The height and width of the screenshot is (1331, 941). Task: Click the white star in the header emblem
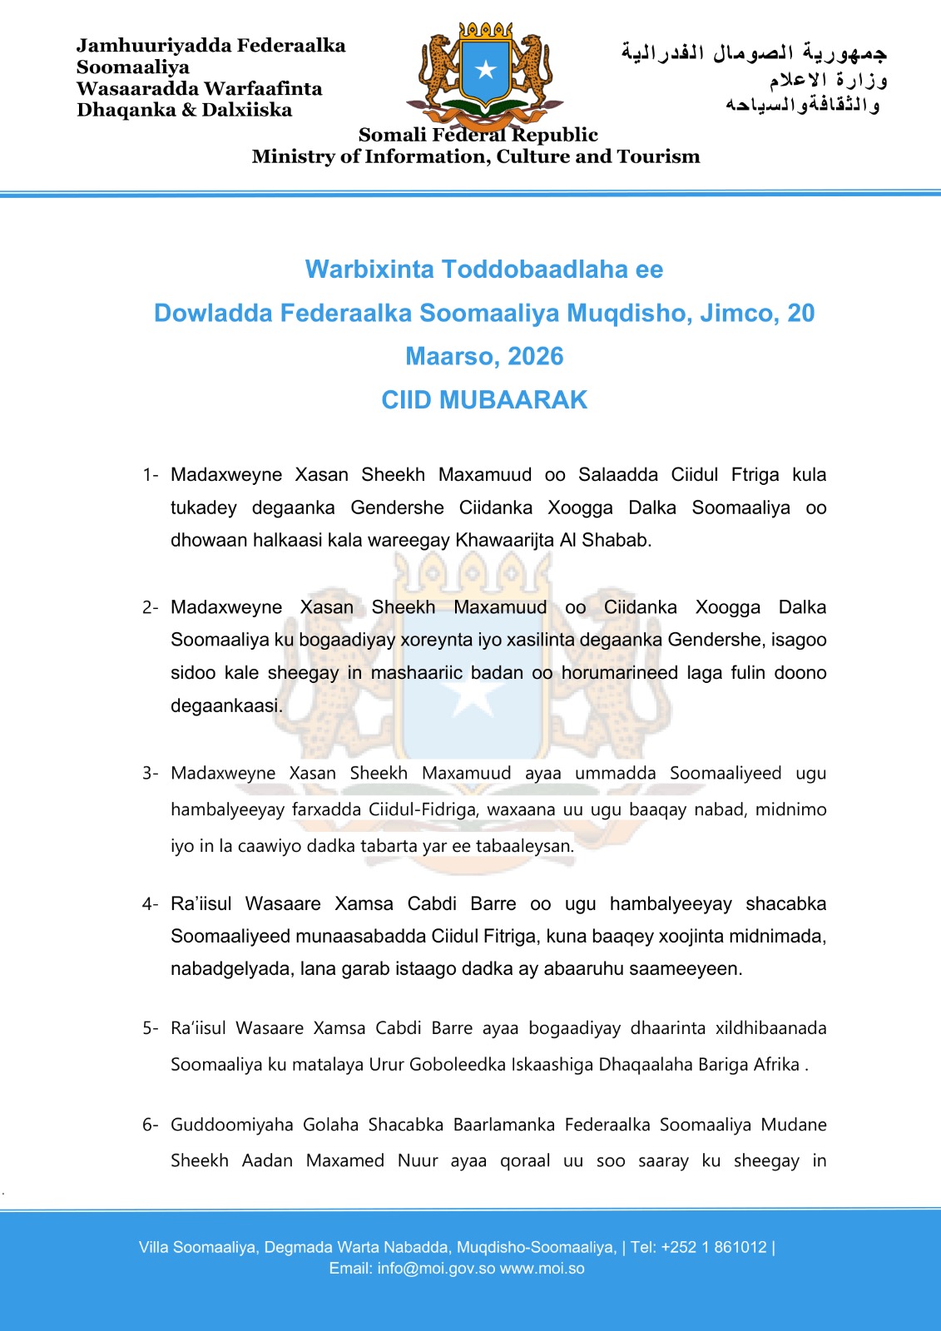485,69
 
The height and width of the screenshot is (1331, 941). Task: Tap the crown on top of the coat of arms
485,30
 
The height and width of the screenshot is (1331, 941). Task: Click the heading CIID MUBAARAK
484,400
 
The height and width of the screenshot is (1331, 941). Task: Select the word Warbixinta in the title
369,270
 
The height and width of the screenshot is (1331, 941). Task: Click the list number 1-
150,475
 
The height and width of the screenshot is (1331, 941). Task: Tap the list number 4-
150,904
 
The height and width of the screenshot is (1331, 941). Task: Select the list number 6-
150,1126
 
